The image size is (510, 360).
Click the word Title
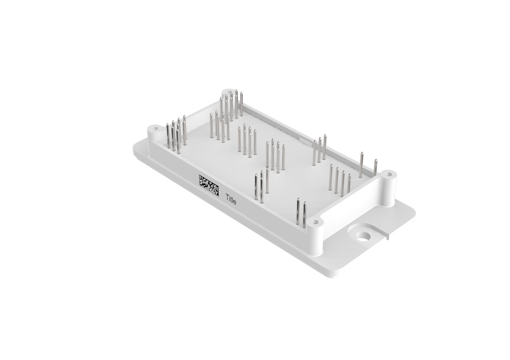(x=231, y=199)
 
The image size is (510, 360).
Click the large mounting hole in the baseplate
(x=363, y=236)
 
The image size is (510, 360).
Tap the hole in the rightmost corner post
(x=388, y=174)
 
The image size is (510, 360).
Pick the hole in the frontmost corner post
(x=315, y=221)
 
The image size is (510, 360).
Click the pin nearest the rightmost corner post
(x=375, y=167)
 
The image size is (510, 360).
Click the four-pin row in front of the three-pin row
(x=340, y=181)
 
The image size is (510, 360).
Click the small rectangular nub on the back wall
(x=304, y=141)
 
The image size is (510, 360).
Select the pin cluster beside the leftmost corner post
(x=176, y=135)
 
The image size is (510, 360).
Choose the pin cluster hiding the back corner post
(x=231, y=104)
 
